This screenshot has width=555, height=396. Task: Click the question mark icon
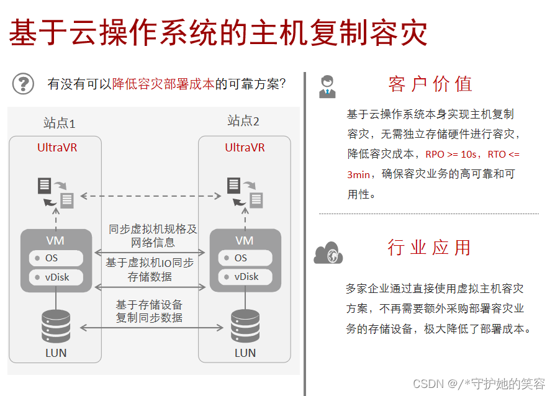point(24,83)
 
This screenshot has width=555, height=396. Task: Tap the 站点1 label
point(59,122)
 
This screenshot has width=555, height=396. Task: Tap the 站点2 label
point(243,120)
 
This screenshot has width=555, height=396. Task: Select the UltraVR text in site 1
point(57,148)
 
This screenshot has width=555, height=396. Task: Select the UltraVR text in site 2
point(245,148)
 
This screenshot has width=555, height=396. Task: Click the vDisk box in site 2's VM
point(245,277)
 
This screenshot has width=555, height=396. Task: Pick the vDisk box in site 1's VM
point(56,277)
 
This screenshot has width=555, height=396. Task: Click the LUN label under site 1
point(56,353)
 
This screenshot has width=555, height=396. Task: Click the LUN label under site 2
point(245,353)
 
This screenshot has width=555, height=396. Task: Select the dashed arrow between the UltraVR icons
point(151,196)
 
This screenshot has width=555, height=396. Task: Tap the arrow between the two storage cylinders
point(151,327)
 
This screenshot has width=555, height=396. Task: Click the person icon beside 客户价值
point(327,86)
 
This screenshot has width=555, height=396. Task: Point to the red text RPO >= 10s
point(451,154)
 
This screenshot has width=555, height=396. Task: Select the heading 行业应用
point(430,247)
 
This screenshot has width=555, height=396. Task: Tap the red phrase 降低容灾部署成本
point(163,84)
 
